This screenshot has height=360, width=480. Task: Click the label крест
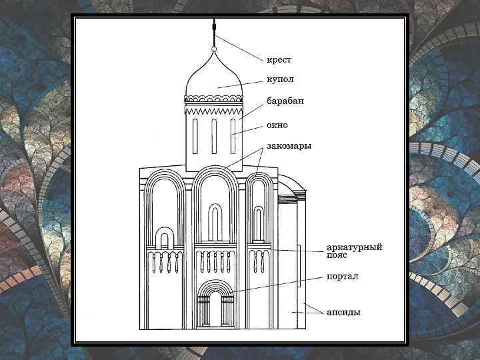[279, 59]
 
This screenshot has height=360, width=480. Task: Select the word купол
[281, 79]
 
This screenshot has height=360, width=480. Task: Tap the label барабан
[285, 101]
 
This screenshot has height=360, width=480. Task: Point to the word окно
[277, 124]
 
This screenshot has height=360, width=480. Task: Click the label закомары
[289, 145]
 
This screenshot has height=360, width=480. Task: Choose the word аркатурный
[354, 247]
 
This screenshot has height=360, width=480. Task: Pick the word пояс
[337, 255]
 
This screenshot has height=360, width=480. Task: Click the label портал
[342, 276]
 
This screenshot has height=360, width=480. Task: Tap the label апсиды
[343, 311]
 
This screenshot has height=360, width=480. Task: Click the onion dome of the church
[214, 77]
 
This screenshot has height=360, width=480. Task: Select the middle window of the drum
[214, 137]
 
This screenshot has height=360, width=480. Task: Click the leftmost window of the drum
[195, 137]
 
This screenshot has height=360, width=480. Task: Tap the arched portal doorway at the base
[215, 308]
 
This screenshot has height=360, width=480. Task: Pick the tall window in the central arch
[215, 223]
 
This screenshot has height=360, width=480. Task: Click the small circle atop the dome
[214, 49]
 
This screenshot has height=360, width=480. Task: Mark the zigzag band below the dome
[214, 107]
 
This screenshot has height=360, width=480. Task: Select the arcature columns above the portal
[215, 262]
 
